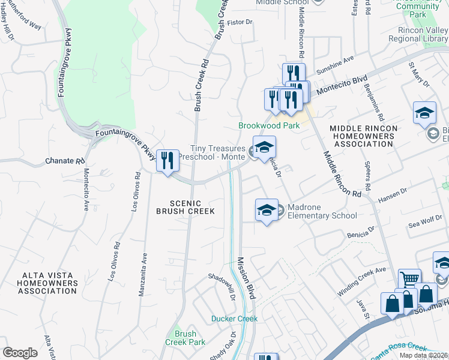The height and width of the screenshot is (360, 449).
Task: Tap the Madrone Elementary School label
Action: point(322,211)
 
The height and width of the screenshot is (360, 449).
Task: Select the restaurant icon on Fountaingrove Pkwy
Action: point(167,160)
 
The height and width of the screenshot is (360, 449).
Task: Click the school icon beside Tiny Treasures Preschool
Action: point(264,147)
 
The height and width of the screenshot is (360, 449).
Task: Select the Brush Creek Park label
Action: point(185,338)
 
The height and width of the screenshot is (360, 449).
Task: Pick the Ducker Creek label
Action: point(234,319)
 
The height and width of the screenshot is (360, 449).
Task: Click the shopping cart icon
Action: point(409,278)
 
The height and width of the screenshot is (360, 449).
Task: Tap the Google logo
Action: point(20,352)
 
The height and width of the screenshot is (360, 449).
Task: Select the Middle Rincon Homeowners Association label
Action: point(364,136)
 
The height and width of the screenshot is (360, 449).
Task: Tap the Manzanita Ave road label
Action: point(145,274)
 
